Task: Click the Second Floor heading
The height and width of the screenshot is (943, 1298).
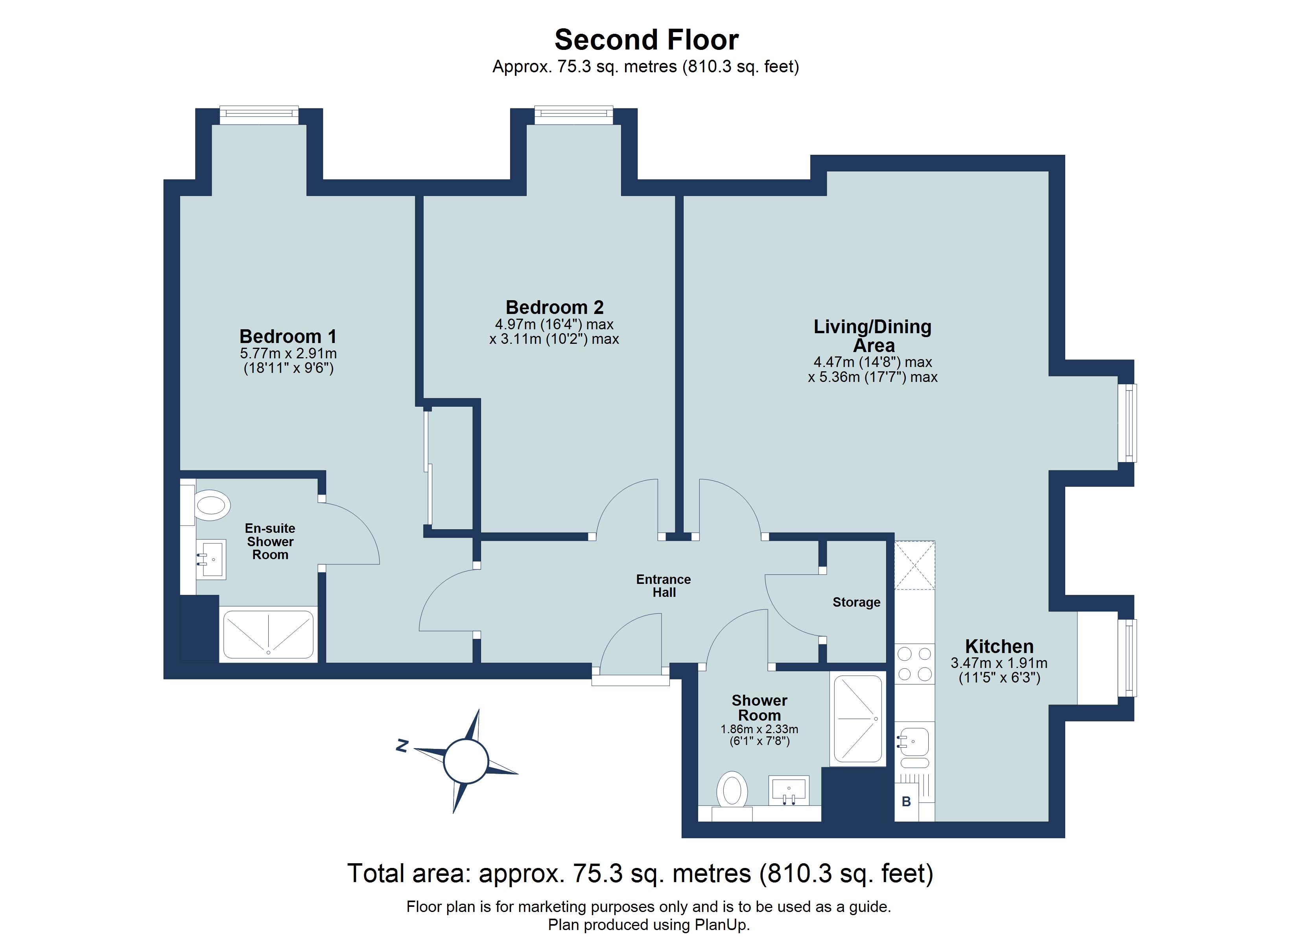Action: pyautogui.click(x=646, y=40)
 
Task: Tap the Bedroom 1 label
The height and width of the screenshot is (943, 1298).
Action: pyautogui.click(x=288, y=336)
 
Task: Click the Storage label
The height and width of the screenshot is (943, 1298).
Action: pyautogui.click(x=856, y=602)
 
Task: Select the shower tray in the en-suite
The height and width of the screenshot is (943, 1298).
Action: pyautogui.click(x=268, y=634)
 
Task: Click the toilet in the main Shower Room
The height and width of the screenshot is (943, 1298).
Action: pyautogui.click(x=732, y=791)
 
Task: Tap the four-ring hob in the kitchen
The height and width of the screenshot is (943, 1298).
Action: pyautogui.click(x=914, y=664)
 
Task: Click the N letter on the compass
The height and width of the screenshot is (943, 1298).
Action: pyautogui.click(x=402, y=746)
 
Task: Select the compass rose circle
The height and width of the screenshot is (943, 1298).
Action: pyautogui.click(x=465, y=761)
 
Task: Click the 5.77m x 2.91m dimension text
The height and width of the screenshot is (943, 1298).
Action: pyautogui.click(x=288, y=353)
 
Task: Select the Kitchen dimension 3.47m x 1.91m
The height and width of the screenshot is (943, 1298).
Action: pyautogui.click(x=999, y=663)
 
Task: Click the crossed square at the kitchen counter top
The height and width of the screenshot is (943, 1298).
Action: pyautogui.click(x=914, y=565)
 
